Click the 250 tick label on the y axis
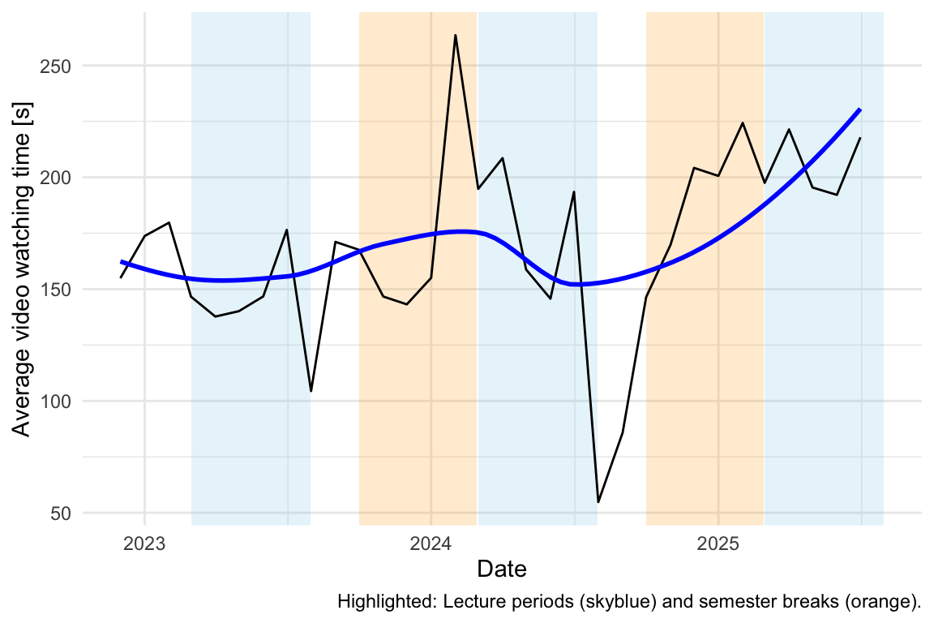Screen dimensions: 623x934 [x=54, y=66]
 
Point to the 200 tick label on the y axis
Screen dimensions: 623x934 [x=54, y=178]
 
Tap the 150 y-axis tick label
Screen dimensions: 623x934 [x=54, y=290]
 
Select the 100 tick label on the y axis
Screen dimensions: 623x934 [x=54, y=402]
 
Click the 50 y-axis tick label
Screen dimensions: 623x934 [x=58, y=513]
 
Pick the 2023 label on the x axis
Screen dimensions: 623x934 [x=144, y=541]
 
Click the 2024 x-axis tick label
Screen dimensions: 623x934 [x=431, y=541]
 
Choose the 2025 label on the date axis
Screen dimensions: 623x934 [x=718, y=541]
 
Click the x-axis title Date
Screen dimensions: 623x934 [x=502, y=569]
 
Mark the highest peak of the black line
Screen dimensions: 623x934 [x=456, y=35]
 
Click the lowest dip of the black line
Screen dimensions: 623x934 [x=598, y=502]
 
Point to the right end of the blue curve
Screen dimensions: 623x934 [x=860, y=110]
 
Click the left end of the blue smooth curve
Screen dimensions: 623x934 [x=122, y=261]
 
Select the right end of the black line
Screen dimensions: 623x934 [x=860, y=138]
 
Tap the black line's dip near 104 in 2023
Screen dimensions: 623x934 [x=311, y=391]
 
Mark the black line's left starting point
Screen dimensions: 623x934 [x=121, y=277]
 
